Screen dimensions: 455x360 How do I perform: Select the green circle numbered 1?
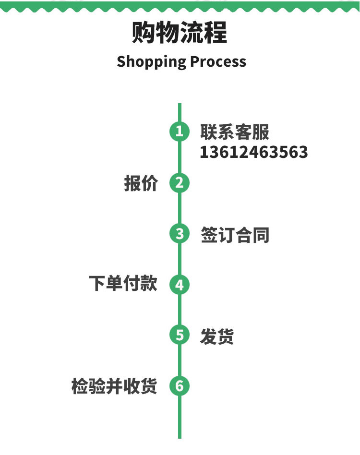[180, 132]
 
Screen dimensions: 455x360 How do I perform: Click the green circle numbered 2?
[180, 183]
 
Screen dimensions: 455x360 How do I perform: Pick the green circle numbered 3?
[180, 234]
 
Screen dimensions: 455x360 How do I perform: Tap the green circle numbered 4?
[180, 285]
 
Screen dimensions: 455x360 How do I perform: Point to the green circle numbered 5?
[180, 335]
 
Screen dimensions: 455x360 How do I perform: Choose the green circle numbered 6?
[180, 386]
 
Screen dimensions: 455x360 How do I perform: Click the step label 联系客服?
[235, 132]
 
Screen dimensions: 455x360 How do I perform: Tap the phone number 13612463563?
[254, 152]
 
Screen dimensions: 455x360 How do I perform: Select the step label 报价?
[141, 183]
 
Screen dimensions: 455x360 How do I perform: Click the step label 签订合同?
[235, 235]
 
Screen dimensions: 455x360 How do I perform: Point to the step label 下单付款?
[123, 284]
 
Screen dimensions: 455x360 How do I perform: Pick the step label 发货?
[217, 336]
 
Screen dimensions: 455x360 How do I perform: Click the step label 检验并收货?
[114, 386]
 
